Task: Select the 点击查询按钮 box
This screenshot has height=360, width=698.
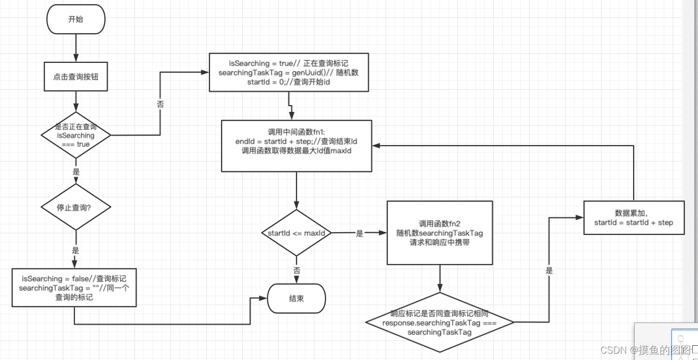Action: pyautogui.click(x=76, y=77)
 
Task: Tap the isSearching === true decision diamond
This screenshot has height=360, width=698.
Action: pyautogui.click(x=76, y=135)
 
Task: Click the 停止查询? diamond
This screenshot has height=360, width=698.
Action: pyautogui.click(x=76, y=207)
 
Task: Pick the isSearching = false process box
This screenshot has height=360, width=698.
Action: pyautogui.click(x=74, y=287)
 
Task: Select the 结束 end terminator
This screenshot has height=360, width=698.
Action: pyautogui.click(x=296, y=299)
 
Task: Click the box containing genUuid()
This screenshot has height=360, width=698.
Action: pyautogui.click(x=289, y=73)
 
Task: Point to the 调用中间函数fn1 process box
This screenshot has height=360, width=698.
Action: pyautogui.click(x=296, y=146)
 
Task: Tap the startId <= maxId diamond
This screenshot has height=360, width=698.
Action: pyautogui.click(x=296, y=233)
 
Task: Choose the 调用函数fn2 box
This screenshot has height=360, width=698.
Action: pyautogui.click(x=439, y=233)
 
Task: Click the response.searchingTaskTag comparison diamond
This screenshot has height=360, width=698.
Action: pyautogui.click(x=439, y=322)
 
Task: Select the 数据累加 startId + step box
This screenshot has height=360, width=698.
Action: pyautogui.click(x=633, y=217)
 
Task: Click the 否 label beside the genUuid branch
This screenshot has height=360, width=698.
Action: pyautogui.click(x=160, y=105)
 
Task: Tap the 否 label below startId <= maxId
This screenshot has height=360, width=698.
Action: pyautogui.click(x=296, y=270)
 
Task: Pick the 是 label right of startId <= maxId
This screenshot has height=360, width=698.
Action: pyautogui.click(x=359, y=233)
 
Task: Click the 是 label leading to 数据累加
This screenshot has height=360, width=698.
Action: pyautogui.click(x=549, y=271)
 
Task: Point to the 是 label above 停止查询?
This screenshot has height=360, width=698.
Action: pyautogui.click(x=76, y=172)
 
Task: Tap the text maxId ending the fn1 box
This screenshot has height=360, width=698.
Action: pyautogui.click(x=341, y=151)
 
